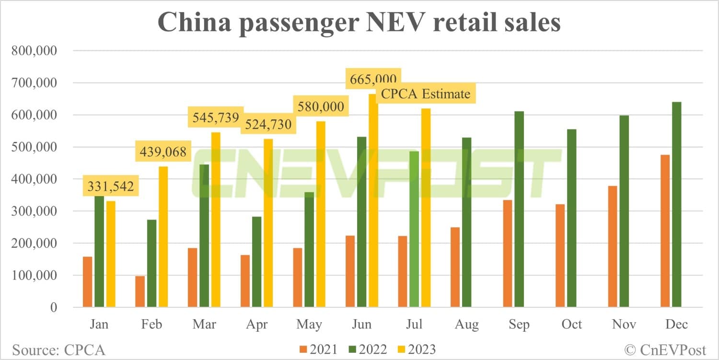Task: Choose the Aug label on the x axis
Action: pos(466,325)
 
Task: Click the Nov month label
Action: pos(624,325)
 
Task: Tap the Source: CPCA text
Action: pos(58,349)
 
